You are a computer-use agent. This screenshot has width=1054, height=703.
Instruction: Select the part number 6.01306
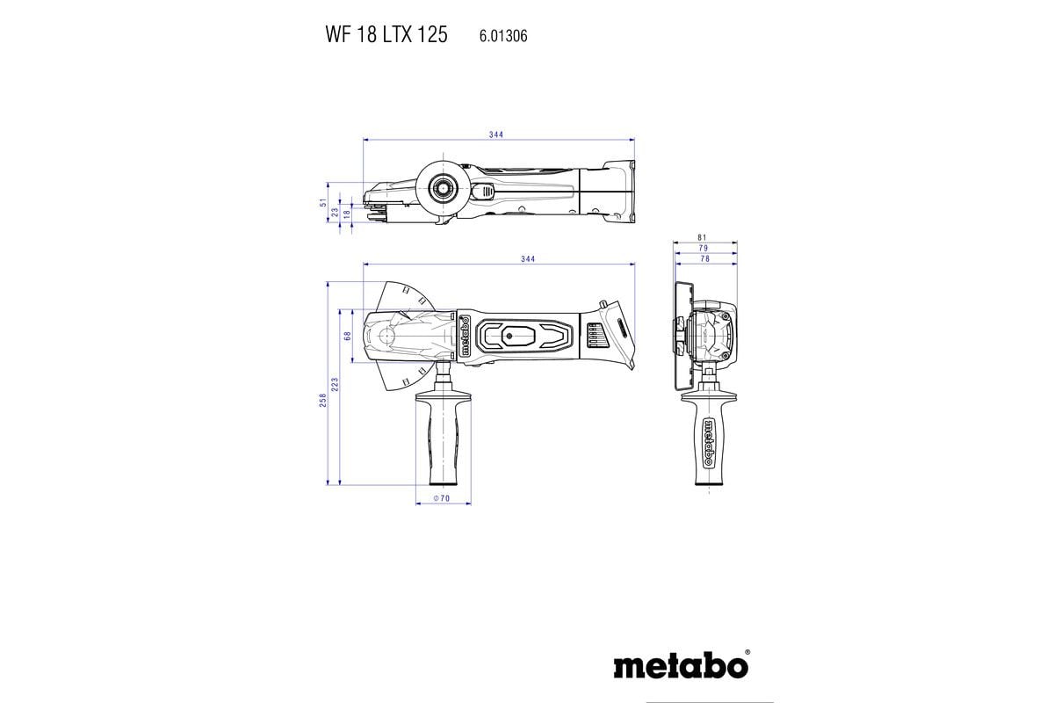[x=503, y=36]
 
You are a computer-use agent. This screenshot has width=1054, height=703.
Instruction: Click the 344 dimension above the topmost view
[x=497, y=134]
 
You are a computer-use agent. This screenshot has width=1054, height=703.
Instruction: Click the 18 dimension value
[x=347, y=214]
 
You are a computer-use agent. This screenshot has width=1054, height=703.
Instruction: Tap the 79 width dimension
[x=705, y=249]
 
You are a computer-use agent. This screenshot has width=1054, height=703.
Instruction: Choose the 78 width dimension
[x=705, y=259]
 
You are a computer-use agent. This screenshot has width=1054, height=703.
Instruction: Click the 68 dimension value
[x=348, y=336]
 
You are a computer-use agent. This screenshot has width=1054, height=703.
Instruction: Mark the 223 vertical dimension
[x=336, y=383]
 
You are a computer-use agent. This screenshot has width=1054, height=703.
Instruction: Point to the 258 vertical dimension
[x=323, y=400]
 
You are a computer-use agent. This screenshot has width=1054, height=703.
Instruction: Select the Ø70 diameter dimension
[x=442, y=499]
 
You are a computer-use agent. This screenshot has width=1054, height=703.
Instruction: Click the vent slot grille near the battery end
[x=594, y=336]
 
